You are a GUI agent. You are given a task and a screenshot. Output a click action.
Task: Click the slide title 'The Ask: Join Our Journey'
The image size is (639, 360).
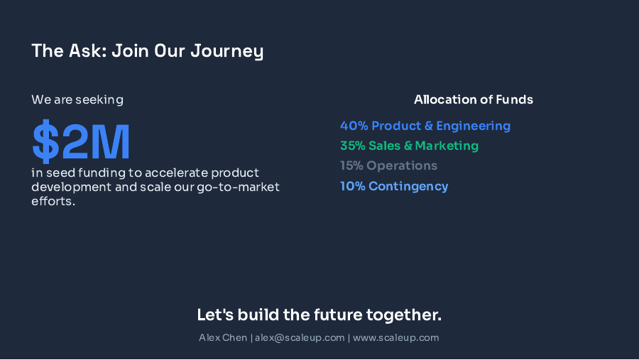pyautogui.click(x=147, y=51)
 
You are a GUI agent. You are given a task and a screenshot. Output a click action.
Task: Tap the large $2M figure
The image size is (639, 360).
pyautogui.click(x=82, y=142)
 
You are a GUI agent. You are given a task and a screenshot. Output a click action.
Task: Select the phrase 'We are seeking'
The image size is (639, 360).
pyautogui.click(x=77, y=100)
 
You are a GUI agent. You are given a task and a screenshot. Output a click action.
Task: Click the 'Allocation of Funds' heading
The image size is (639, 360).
pyautogui.click(x=474, y=100)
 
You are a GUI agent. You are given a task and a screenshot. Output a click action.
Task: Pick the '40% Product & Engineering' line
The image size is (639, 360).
pyautogui.click(x=425, y=126)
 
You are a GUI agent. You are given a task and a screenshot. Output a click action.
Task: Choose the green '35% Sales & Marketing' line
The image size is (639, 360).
pyautogui.click(x=409, y=146)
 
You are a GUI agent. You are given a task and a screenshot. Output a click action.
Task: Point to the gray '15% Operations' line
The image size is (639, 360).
pyautogui.click(x=388, y=166)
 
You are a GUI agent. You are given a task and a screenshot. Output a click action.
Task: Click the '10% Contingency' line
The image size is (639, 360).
pyautogui.click(x=394, y=187)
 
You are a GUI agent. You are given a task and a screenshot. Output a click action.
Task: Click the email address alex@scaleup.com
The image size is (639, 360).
pyautogui.click(x=300, y=338)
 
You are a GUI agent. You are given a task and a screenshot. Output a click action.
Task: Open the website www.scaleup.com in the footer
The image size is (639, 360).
pyautogui.click(x=396, y=338)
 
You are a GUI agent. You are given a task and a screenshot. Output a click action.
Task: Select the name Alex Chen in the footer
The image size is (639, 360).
pyautogui.click(x=223, y=338)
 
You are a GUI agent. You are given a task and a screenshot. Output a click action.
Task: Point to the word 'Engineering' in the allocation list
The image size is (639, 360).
pyautogui.click(x=474, y=126)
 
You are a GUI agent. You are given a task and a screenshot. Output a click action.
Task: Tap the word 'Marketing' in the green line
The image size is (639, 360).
pyautogui.click(x=447, y=146)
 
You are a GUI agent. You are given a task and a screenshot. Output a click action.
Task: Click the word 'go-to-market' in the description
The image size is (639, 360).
pyautogui.click(x=245, y=187)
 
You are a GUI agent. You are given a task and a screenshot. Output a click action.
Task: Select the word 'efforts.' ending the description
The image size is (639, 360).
pyautogui.click(x=53, y=202)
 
